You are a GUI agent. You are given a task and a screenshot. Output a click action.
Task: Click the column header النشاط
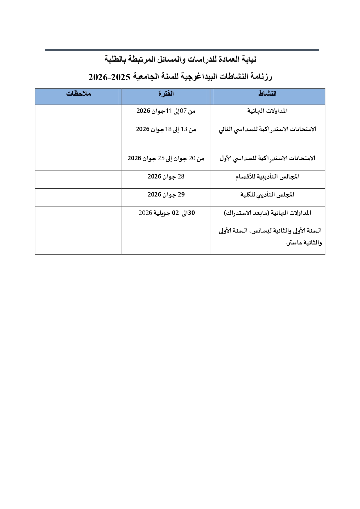coord(267,94)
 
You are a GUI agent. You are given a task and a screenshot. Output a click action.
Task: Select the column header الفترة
coord(166,94)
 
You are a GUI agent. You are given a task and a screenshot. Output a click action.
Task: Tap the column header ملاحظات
coord(78,94)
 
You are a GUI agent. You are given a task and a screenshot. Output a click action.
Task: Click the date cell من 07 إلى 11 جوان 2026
coord(166,111)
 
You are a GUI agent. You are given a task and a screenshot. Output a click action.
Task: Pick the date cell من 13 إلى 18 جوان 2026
coord(166,129)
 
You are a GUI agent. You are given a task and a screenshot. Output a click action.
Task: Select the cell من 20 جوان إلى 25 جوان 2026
coord(166,158)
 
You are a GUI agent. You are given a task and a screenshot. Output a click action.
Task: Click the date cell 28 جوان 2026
coord(166,177)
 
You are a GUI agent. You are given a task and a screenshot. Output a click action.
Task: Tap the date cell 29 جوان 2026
coord(166,195)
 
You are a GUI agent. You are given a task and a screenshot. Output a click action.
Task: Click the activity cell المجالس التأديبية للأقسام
coord(267,177)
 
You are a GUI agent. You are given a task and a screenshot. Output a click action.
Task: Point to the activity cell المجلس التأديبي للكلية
coord(267,195)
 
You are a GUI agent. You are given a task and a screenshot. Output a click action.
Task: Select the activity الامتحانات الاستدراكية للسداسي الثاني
coord(267,129)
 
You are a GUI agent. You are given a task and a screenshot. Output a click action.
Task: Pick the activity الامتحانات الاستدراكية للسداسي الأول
coord(267,158)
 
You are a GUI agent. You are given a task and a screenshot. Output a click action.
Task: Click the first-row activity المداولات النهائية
coord(267,111)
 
